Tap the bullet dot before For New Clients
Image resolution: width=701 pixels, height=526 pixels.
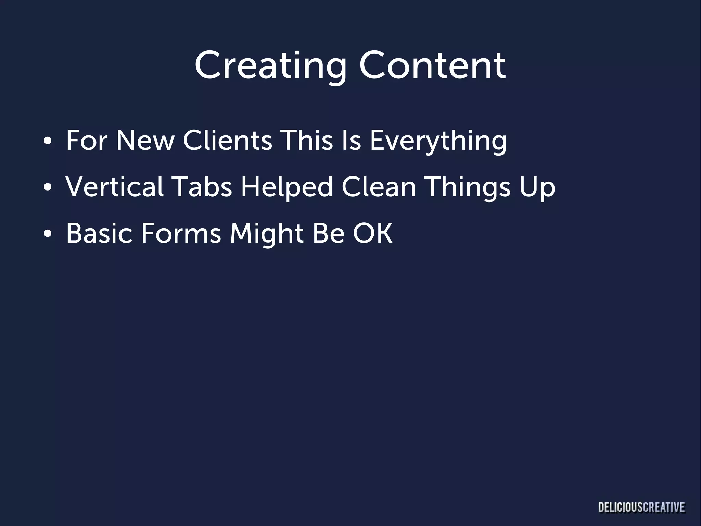(48, 141)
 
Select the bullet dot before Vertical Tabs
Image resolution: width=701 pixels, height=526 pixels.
(48, 187)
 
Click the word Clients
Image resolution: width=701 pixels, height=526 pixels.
(228, 140)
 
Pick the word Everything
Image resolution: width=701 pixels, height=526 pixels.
(438, 141)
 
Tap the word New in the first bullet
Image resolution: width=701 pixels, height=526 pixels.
(145, 140)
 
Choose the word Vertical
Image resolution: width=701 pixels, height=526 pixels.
(115, 187)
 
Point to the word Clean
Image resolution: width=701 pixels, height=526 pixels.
(379, 187)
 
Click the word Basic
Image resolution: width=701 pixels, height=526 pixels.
(99, 234)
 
